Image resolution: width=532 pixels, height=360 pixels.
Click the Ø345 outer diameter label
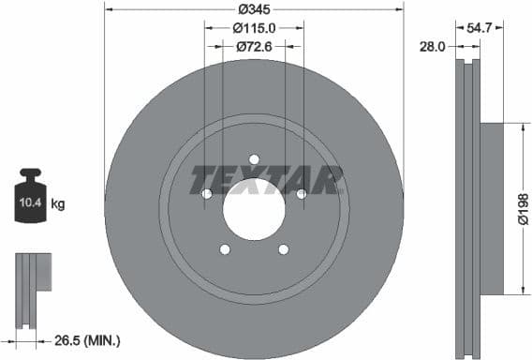pyautogui.click(x=255, y=8)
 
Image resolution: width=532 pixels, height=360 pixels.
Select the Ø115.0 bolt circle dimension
pyautogui.click(x=255, y=28)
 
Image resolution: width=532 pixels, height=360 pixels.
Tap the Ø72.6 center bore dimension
pyautogui.click(x=254, y=46)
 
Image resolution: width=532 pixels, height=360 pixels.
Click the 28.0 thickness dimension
pyautogui.click(x=432, y=46)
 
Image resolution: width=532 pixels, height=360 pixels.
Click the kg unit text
pyautogui.click(x=57, y=203)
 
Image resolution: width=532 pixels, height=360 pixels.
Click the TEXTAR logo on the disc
pyautogui.click(x=267, y=179)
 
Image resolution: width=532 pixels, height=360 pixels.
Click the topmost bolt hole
pyautogui.click(x=254, y=158)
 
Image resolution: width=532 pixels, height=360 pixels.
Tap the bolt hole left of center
pyautogui.click(x=207, y=193)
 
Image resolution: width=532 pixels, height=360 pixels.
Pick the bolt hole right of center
pyautogui.click(x=301, y=193)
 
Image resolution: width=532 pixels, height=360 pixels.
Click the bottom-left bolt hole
pyautogui.click(x=225, y=248)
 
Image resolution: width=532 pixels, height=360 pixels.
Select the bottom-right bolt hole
pyautogui.click(x=283, y=248)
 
